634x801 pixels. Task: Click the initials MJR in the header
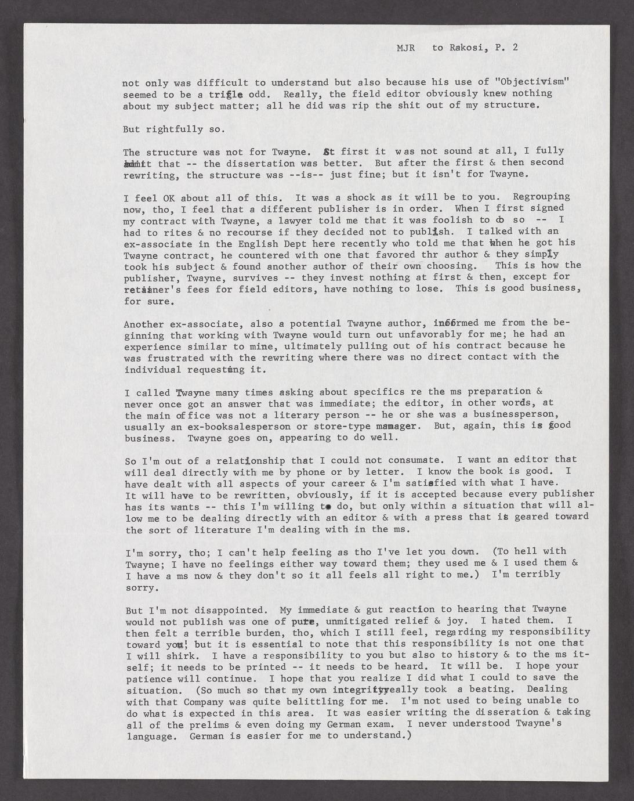(405, 48)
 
